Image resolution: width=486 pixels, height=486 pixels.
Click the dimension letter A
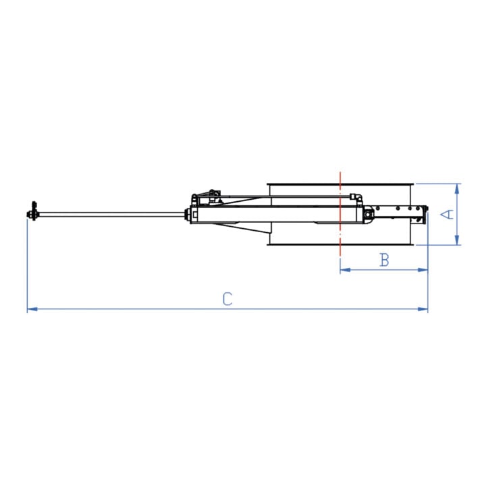pyautogui.click(x=447, y=214)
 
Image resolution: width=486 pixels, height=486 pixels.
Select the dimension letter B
pyautogui.click(x=384, y=260)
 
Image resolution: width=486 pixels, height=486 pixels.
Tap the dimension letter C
pyautogui.click(x=227, y=299)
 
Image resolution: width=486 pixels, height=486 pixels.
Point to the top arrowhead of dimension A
pyautogui.click(x=457, y=188)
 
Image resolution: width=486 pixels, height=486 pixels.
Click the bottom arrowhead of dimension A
pyautogui.click(x=457, y=240)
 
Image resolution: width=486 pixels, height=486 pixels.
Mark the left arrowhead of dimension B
pyautogui.click(x=345, y=270)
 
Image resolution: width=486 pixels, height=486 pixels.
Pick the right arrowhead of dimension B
pyautogui.click(x=423, y=270)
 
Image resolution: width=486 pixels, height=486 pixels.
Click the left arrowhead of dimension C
pyautogui.click(x=32, y=309)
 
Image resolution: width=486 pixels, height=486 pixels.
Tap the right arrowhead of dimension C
pyautogui.click(x=423, y=309)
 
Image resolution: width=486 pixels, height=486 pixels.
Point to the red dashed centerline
pyautogui.click(x=340, y=214)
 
